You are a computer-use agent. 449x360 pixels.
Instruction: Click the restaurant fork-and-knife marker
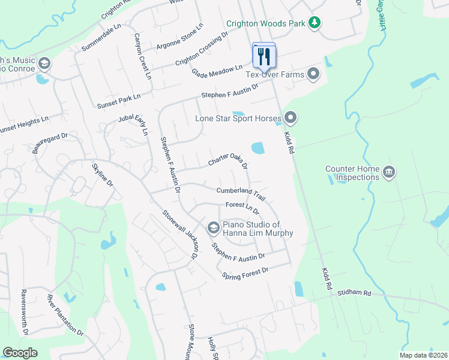(x=264, y=57)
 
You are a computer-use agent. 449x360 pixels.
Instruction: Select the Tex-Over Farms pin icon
(x=313, y=74)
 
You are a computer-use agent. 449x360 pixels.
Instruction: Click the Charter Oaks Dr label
(x=228, y=163)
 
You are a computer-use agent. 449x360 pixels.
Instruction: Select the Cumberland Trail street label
(x=241, y=193)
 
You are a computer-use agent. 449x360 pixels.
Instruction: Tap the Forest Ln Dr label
(x=242, y=208)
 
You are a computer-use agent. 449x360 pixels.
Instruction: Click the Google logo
(x=20, y=353)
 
